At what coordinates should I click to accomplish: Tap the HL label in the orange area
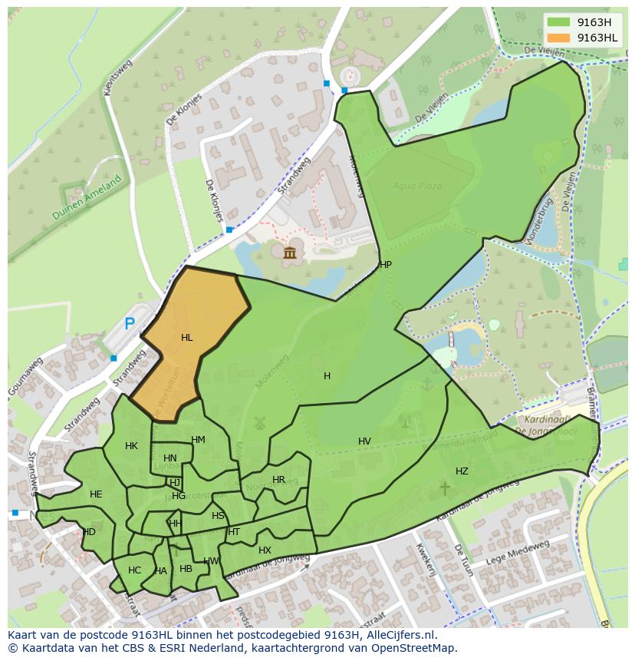[x=187, y=338]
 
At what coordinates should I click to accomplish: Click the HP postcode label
[x=386, y=265]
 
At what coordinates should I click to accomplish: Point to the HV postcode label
[x=364, y=441]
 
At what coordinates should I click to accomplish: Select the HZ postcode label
[x=462, y=471]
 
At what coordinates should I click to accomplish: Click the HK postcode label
[x=131, y=446]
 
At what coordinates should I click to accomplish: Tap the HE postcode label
[x=96, y=494]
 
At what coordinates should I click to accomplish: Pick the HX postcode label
[x=265, y=550]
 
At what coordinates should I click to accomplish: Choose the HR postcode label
[x=278, y=480]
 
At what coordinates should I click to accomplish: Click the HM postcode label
[x=199, y=440]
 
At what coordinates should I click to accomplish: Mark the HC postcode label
[x=135, y=570]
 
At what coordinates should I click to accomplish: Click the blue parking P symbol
[x=130, y=324]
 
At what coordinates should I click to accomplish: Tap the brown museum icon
[x=290, y=253]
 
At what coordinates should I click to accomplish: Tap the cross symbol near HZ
[x=444, y=487]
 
